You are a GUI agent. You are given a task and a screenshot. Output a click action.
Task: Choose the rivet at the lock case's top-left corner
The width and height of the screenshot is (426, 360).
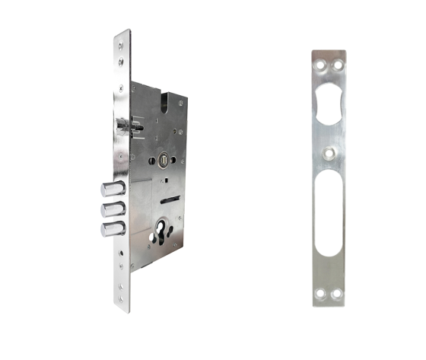[x=134, y=87]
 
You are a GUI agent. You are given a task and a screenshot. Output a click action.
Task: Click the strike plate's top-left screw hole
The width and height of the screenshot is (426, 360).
[x=320, y=67]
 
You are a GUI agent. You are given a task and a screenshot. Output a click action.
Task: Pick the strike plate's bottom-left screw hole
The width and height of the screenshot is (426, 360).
[x=320, y=292]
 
